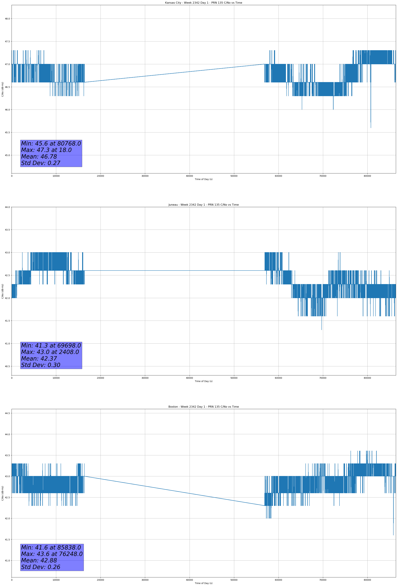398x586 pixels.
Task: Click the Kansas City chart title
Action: [203, 3]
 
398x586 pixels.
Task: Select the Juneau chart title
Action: [203, 205]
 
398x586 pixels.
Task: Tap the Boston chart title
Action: [203, 407]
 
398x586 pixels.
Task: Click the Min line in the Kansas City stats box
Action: [51, 144]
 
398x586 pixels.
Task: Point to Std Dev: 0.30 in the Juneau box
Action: [41, 365]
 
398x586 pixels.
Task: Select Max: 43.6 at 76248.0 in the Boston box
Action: [52, 554]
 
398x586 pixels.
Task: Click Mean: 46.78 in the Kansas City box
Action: [39, 157]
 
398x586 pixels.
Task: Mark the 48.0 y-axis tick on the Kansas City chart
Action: [7, 19]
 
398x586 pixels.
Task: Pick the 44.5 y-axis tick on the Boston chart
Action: [7, 413]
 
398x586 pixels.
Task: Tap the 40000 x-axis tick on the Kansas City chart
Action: [189, 176]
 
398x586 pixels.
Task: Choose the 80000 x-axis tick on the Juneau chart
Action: [367, 378]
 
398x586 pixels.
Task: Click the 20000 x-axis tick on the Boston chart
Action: [100, 580]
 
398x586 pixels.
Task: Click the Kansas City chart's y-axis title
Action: [2, 89]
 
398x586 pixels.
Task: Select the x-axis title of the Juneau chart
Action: [203, 381]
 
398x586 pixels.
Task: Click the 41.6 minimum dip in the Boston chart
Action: [393, 534]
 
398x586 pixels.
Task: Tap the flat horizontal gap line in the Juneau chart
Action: [174, 271]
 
